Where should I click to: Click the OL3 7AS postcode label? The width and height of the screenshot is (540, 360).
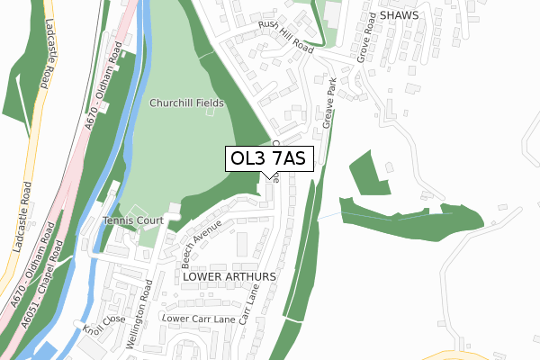coord(268,159)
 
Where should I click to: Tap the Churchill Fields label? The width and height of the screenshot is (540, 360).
coord(186,103)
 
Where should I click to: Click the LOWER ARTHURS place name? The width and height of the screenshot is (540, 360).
coord(229,277)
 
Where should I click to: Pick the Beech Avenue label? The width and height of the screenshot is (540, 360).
coord(201,246)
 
